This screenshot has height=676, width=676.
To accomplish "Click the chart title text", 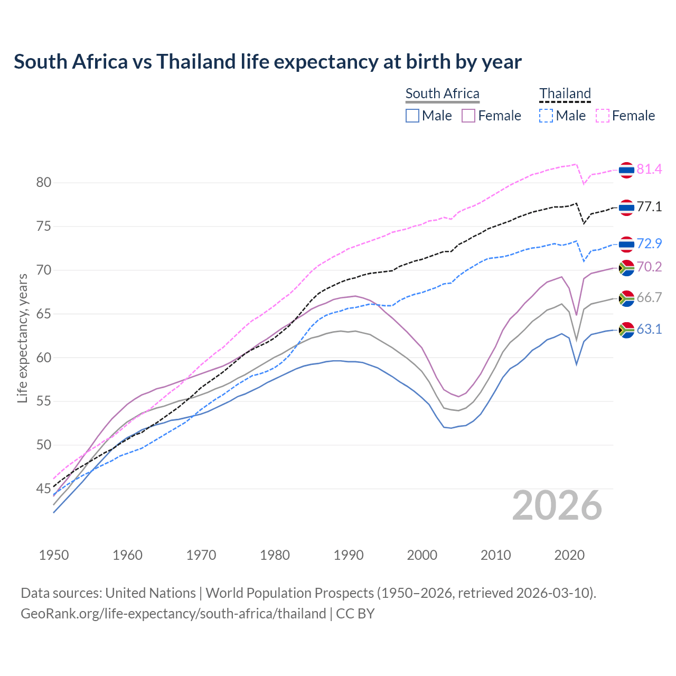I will click(x=268, y=62).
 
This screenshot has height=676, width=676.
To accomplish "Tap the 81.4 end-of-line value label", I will click(x=649, y=170).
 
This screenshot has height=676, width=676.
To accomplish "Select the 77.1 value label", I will click(x=649, y=207).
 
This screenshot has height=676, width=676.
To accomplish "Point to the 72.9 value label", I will click(x=649, y=244).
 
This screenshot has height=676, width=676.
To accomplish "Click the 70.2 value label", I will click(x=649, y=267).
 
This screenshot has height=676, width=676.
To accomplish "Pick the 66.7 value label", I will click(x=649, y=298).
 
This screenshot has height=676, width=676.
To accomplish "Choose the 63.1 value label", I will click(x=649, y=330).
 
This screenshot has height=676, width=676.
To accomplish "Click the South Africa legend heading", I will click(x=443, y=94).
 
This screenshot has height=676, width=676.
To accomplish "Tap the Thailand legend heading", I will click(x=565, y=94).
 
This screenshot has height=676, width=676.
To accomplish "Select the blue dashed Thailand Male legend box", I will click(x=547, y=116).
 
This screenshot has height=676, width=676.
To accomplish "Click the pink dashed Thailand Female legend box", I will click(x=603, y=116).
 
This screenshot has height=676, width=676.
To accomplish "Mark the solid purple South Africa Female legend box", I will click(x=468, y=116).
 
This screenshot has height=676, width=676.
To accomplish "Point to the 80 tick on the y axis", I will click(x=44, y=183).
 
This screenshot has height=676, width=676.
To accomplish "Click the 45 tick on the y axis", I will click(x=44, y=489).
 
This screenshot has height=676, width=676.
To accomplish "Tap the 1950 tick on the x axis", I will click(x=54, y=555).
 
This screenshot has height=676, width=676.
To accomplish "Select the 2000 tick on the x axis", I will click(x=422, y=555).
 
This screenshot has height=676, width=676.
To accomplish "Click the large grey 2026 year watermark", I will click(x=557, y=506).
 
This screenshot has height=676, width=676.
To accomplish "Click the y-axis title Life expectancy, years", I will click(x=23, y=338).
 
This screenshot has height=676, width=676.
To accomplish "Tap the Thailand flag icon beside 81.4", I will click(x=626, y=170).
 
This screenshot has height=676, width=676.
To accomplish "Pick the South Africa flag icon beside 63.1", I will click(x=626, y=330).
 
